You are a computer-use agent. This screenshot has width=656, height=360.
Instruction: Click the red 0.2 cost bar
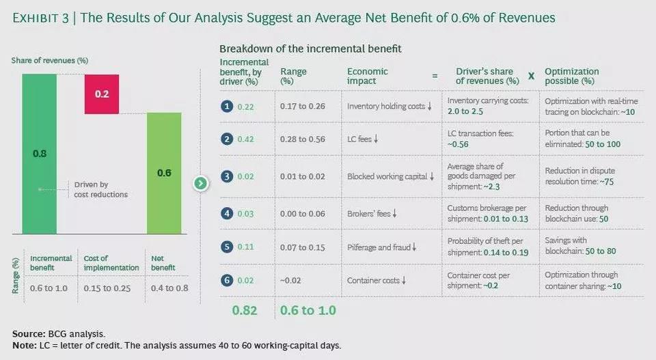pos(102,94)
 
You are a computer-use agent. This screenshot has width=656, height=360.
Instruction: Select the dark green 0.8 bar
pos(40,154)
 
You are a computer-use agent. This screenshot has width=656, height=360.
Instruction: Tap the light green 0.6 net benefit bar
pos(164,173)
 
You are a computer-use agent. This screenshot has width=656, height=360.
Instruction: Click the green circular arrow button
pos(201,183)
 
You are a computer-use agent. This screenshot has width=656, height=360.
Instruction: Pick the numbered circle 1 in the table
pos(227,107)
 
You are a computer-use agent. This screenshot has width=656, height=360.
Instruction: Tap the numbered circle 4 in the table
pos(227,214)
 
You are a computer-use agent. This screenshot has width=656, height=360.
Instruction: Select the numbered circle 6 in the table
pos(227,280)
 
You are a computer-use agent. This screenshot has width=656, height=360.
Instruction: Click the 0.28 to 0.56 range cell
pos(303,139)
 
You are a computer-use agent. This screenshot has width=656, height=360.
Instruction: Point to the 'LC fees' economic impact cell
pos(363,139)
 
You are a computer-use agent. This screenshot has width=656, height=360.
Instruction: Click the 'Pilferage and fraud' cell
pos(381,247)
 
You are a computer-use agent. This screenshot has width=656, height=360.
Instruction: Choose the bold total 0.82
pos(245,310)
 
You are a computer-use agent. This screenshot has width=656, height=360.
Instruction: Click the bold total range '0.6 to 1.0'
pos(308,310)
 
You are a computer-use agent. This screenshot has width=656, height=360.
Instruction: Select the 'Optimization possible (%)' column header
pos(571,76)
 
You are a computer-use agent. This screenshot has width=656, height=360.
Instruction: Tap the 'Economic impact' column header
pos(368,76)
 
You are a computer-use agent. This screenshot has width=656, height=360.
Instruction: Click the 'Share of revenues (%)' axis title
pos(50,60)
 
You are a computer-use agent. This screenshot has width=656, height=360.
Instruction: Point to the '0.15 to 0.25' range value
pos(107,288)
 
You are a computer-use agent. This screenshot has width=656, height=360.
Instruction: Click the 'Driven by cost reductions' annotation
pos(101,189)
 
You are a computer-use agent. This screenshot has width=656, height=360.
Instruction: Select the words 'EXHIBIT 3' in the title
pos(40,18)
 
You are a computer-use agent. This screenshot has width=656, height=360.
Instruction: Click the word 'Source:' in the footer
pos(29,333)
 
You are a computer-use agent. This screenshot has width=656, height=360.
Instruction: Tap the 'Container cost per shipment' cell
pos(478,280)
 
